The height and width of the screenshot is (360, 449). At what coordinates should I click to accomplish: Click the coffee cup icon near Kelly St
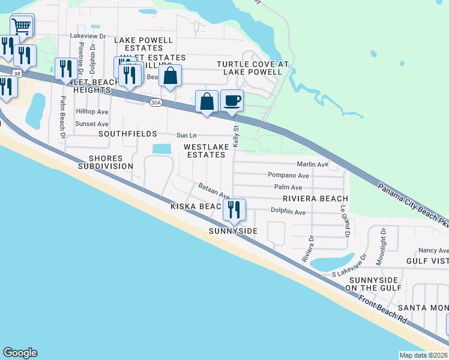(x=232, y=100)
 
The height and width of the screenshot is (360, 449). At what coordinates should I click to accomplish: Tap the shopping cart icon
(x=22, y=26)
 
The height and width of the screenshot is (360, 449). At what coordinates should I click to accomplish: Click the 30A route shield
(x=155, y=103)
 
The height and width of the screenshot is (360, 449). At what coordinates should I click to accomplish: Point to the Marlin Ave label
(x=313, y=164)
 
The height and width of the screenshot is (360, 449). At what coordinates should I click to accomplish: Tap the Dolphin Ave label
(x=288, y=212)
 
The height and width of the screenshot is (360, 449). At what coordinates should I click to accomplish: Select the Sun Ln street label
(x=186, y=136)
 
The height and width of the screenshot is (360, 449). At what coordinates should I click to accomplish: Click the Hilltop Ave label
(x=92, y=112)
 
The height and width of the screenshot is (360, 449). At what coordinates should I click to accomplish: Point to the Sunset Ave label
(x=91, y=124)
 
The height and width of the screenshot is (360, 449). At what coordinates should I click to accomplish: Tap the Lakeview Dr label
(x=88, y=36)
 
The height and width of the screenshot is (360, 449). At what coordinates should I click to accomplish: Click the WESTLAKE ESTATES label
(x=205, y=151)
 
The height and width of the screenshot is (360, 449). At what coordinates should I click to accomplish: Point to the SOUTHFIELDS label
(x=127, y=133)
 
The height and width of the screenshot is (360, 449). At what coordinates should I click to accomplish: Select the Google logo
(x=20, y=353)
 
